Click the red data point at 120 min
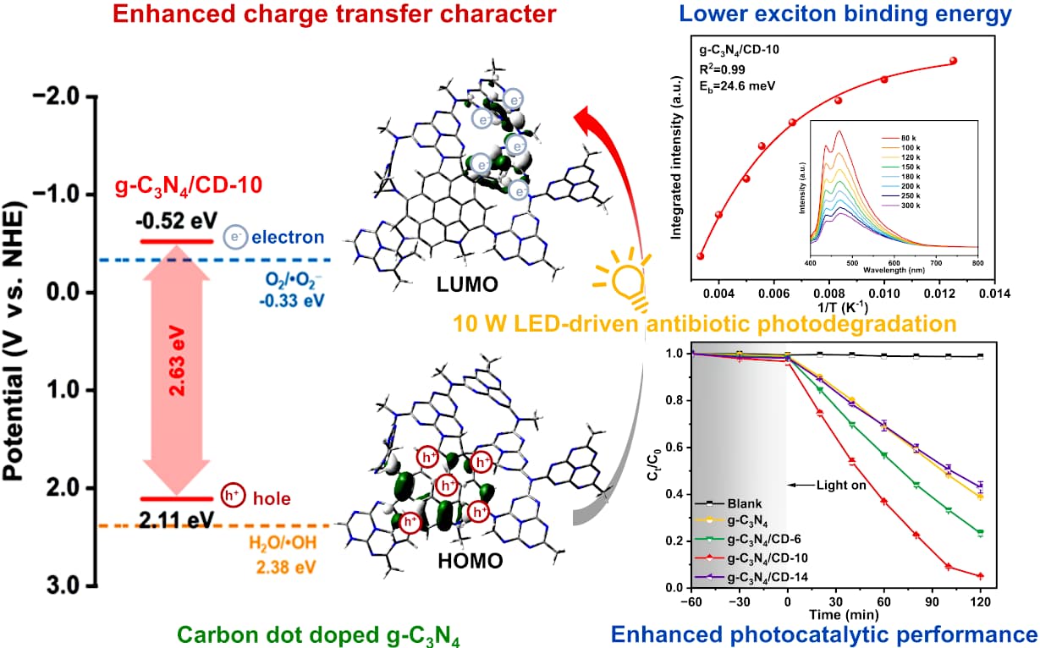point(979,576)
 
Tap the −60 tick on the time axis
point(692,601)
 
